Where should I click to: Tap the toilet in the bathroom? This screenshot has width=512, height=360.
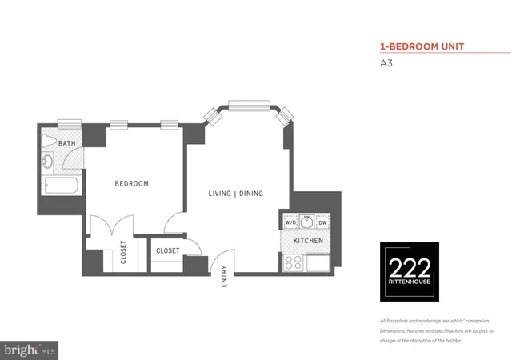tap(48, 143)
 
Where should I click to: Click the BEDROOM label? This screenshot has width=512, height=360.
tap(132, 184)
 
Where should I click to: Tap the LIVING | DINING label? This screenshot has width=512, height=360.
tap(236, 194)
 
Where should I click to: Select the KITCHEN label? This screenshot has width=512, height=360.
tap(307, 240)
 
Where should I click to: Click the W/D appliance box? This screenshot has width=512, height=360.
tap(287, 223)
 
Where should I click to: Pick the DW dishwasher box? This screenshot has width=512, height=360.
tap(322, 223)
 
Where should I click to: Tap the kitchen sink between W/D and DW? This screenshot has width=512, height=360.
tap(305, 222)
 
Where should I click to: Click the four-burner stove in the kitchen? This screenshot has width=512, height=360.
tap(294, 262)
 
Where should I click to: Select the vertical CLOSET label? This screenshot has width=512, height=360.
tap(123, 252)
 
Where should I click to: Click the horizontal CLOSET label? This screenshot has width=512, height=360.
tap(168, 250)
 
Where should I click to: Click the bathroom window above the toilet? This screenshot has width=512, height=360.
tap(69, 124)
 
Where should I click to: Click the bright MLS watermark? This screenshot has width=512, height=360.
tap(30, 350)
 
